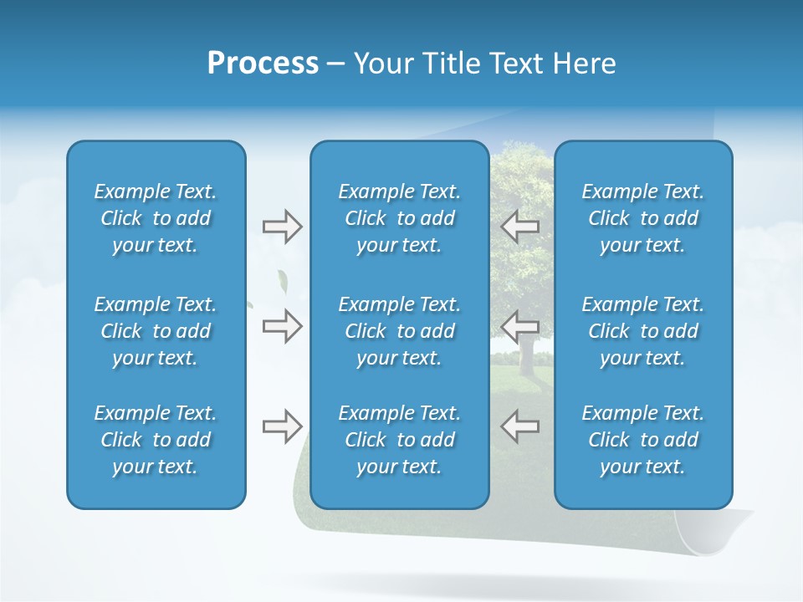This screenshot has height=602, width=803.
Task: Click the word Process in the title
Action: tap(263, 64)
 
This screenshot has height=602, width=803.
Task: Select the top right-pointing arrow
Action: tap(282, 226)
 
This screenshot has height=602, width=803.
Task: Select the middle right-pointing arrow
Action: tap(282, 326)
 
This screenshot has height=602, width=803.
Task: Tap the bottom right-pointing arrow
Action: tap(282, 426)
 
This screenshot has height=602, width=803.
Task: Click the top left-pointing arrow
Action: tap(519, 226)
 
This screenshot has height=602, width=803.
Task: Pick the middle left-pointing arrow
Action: tap(519, 326)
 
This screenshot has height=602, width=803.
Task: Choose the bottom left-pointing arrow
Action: tap(519, 426)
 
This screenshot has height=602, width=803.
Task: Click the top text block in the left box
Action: tap(156, 218)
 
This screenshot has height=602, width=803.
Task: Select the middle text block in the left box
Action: tap(156, 331)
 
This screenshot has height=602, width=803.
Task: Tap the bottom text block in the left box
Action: tap(156, 440)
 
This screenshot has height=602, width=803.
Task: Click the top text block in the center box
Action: tap(399, 218)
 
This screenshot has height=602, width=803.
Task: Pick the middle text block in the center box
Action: tap(399, 331)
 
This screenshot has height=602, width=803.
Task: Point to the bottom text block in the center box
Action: tap(399, 440)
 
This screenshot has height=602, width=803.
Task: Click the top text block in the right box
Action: tap(642, 218)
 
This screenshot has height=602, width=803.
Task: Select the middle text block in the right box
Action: tap(642, 331)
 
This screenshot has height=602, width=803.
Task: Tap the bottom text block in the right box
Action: tap(642, 440)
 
